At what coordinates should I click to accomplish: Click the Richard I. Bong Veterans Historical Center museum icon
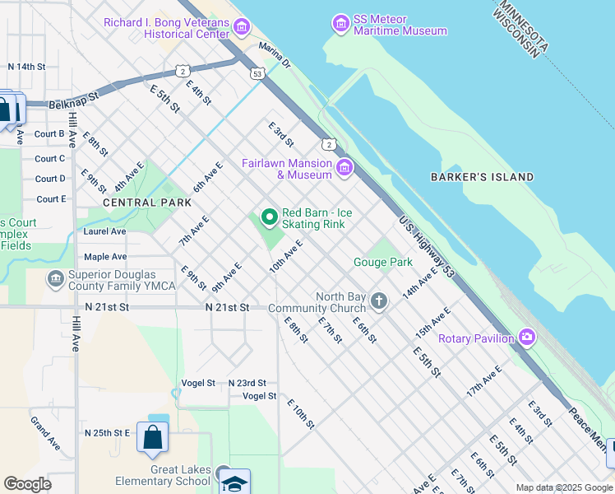(241, 28)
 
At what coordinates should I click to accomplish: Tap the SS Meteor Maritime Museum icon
(340, 24)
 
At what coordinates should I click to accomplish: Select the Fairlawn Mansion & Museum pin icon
(344, 169)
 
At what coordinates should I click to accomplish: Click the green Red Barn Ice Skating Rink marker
(269, 217)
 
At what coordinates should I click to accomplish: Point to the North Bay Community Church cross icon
(378, 301)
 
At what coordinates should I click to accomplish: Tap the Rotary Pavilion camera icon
(526, 338)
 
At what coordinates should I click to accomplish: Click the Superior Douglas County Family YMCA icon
(55, 280)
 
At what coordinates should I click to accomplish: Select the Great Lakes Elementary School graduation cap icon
(234, 482)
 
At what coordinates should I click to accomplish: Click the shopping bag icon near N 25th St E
(152, 437)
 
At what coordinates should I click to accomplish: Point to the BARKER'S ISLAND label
(482, 177)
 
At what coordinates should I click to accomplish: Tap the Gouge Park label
(382, 263)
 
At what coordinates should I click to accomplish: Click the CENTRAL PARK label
(135, 202)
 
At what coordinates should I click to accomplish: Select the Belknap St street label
(73, 96)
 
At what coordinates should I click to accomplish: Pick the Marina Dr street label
(275, 57)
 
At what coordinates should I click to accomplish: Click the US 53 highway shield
(258, 73)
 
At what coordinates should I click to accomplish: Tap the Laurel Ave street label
(104, 231)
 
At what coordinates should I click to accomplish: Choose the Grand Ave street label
(46, 433)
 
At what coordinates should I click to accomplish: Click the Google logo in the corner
(27, 484)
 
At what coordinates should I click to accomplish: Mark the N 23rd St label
(247, 383)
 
